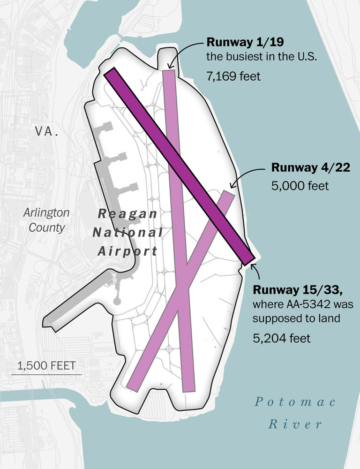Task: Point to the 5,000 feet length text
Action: (x=300, y=186)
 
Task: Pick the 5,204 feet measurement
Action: (x=281, y=338)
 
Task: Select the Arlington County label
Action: (x=46, y=220)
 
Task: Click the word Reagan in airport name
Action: (x=127, y=214)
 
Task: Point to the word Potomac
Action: (x=295, y=402)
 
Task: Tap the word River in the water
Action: (x=295, y=424)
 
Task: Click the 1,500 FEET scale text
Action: (x=46, y=365)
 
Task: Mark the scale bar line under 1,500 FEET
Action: (x=46, y=374)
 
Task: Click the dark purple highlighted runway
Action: (x=178, y=165)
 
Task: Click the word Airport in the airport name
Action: (x=127, y=251)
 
